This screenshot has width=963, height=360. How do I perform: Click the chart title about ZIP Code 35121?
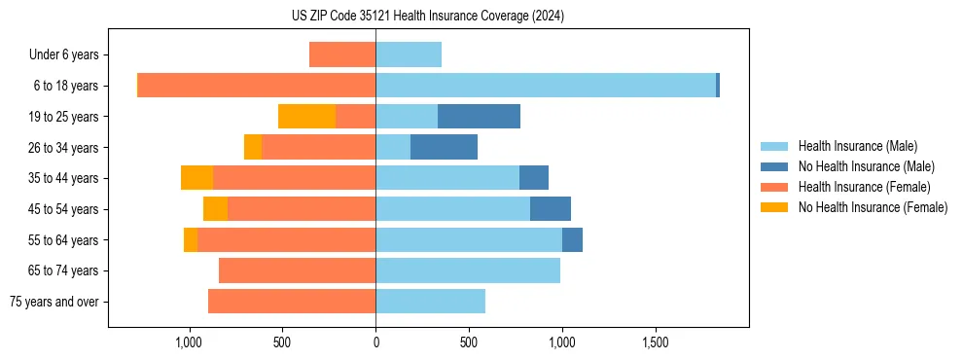[x=476, y=16]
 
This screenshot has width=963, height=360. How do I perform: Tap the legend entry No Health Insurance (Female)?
[x=873, y=207]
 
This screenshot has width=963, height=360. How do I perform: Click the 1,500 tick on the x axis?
[x=655, y=343]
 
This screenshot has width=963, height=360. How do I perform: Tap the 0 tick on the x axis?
[x=375, y=343]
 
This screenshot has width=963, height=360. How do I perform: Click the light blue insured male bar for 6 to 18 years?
[x=545, y=86]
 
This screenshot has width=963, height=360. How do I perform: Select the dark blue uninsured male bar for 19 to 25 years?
[x=479, y=117]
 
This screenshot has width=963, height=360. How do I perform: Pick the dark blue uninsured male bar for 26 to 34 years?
[x=444, y=147]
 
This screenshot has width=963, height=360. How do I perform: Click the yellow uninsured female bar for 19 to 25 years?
[x=306, y=117]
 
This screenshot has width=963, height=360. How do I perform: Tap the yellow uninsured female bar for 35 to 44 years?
[x=196, y=178]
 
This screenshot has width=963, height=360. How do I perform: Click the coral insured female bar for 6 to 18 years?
[x=257, y=86]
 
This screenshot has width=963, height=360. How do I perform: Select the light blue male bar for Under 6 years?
[x=409, y=54]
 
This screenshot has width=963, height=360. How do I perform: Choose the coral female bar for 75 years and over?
[x=292, y=302]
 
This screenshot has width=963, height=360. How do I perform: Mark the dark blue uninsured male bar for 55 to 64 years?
[x=572, y=239]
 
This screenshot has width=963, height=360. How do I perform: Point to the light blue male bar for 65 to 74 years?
[x=468, y=270]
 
